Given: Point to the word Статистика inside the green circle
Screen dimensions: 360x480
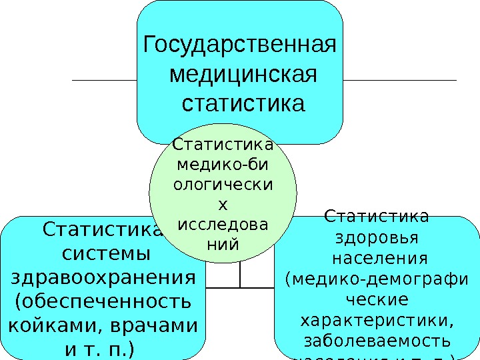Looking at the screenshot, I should pos(223,144).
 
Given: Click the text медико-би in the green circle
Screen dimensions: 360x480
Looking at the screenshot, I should pos(223,163).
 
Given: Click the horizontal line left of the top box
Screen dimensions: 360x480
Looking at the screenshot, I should pos(104,80).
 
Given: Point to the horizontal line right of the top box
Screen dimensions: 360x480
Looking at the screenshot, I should pos(400,80).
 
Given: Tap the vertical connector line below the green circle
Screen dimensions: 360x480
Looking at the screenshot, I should pos(240,273).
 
